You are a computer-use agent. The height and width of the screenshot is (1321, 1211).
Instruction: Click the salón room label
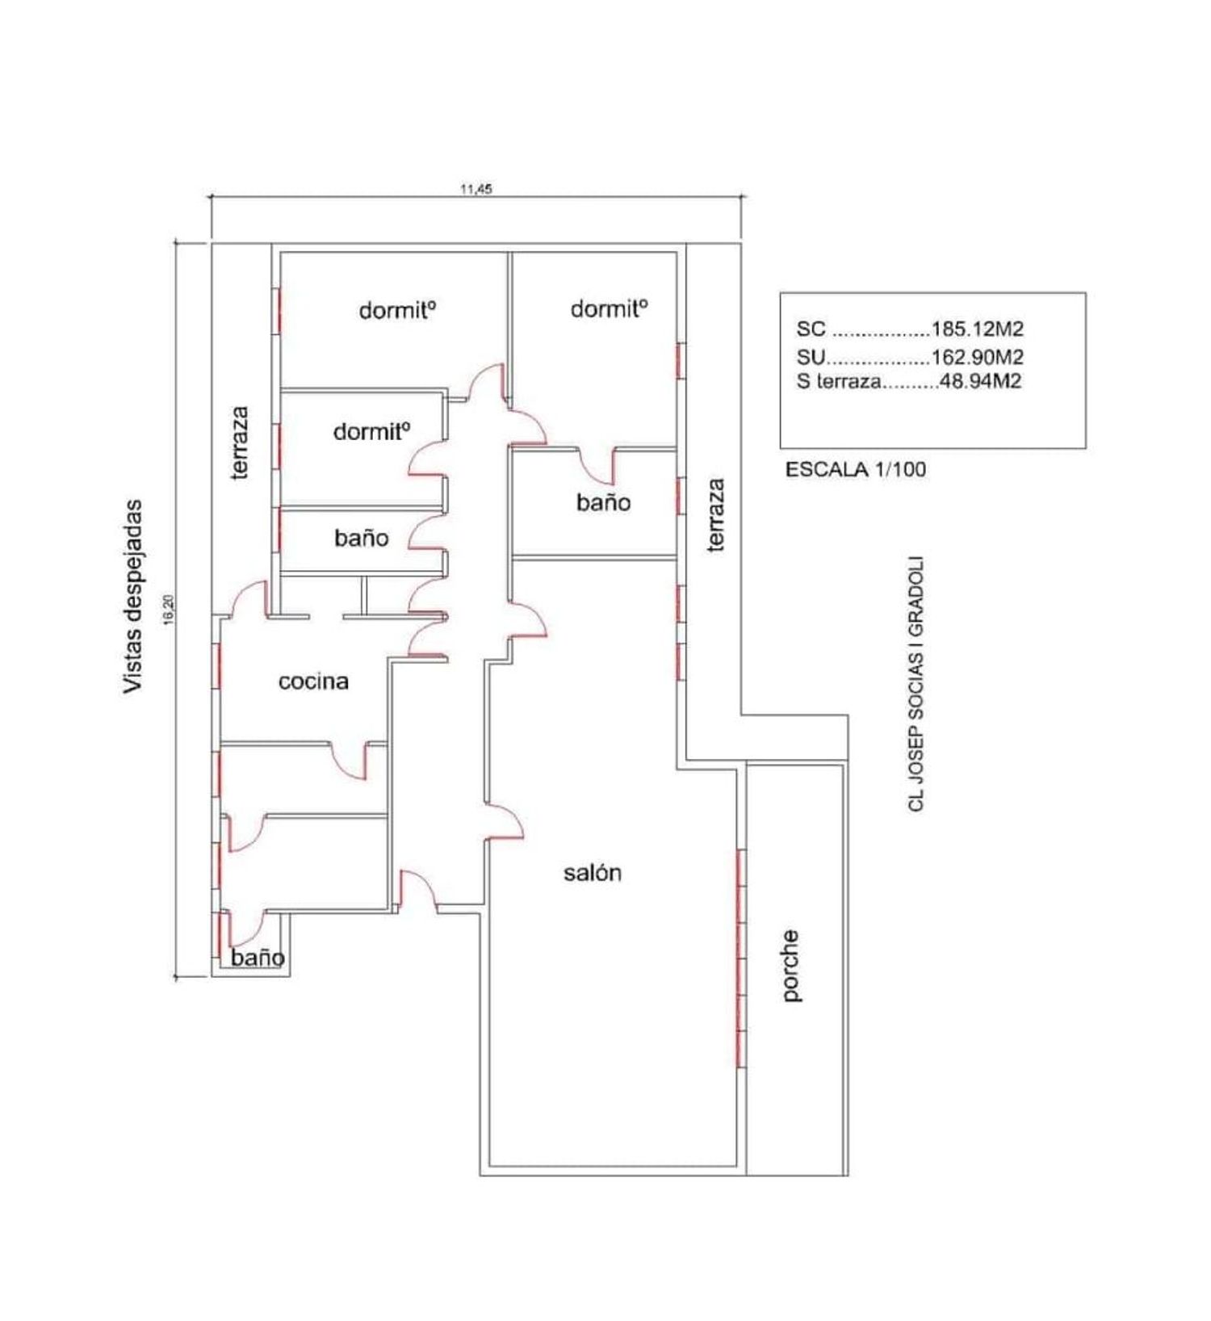click(x=593, y=872)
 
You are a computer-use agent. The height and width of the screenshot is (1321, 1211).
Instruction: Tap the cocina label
click(x=314, y=681)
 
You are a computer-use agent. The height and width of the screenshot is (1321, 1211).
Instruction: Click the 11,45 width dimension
click(x=476, y=190)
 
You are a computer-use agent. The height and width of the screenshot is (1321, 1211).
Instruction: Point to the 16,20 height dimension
click(x=168, y=609)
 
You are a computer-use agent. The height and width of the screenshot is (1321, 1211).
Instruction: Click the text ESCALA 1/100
click(x=856, y=469)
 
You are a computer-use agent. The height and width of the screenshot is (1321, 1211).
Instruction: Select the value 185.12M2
click(x=978, y=329)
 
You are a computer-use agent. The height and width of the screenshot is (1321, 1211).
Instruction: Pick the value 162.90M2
click(x=978, y=356)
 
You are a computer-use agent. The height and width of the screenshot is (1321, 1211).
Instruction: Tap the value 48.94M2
click(x=981, y=381)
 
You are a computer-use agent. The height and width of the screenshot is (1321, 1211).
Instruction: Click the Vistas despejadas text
click(x=132, y=597)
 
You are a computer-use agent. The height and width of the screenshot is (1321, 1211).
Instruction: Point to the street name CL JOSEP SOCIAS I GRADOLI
click(x=916, y=684)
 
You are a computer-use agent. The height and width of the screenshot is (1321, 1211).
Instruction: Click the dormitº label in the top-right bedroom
click(x=610, y=308)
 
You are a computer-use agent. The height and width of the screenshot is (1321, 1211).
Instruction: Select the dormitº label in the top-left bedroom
click(x=398, y=310)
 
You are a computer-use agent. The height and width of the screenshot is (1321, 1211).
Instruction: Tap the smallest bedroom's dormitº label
click(x=372, y=431)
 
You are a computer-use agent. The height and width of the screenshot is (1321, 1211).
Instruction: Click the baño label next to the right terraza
click(x=603, y=502)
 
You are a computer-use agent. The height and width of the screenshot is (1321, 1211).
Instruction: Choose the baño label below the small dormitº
click(x=362, y=538)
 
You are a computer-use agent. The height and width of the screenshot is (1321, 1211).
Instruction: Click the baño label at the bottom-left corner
click(x=258, y=958)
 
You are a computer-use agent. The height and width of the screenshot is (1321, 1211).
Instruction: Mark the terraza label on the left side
click(x=240, y=442)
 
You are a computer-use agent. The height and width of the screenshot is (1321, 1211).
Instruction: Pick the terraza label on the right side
click(x=715, y=515)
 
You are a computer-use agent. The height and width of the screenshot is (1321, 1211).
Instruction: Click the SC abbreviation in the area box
click(x=811, y=329)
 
